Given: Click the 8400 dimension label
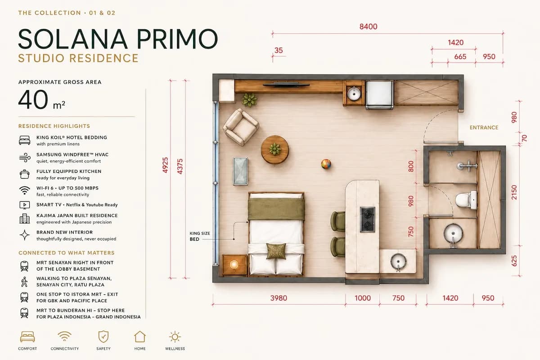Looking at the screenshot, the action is pos(369,27).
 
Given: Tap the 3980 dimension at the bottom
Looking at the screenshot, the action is pos(279,298).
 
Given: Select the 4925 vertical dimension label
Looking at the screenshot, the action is pos(166,165).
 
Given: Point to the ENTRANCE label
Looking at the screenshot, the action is pos(484,127).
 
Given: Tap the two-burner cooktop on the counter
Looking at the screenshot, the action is pos(367,220).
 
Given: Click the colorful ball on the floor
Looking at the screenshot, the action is pos(326,164).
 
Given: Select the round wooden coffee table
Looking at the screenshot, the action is pos(275,149).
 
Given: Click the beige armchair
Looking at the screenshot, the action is pos(241,127).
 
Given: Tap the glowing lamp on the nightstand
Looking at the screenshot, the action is pos(234,265).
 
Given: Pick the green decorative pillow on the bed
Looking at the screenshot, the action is pos(276,251).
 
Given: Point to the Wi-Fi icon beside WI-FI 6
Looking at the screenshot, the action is pos(25,190).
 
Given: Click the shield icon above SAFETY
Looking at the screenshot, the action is pos(103,337).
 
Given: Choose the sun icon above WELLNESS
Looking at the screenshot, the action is pos(175,337).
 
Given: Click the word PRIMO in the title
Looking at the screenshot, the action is pos(177,39).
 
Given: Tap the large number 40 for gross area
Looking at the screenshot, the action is pos(33,99).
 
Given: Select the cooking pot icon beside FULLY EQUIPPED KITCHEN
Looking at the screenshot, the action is pos(25,174).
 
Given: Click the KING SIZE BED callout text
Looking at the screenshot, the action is pos(200,236).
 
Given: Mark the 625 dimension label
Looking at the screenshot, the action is pos(514,261).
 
